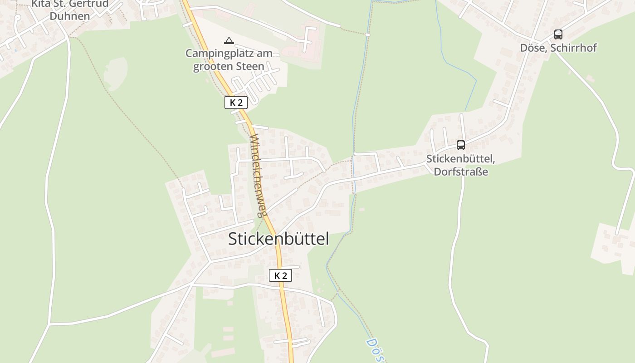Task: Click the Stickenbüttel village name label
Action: point(278,239)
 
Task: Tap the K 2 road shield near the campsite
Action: point(236,103)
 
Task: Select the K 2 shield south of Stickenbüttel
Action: point(280,275)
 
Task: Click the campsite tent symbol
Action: point(229,41)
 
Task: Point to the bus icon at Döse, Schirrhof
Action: point(558,34)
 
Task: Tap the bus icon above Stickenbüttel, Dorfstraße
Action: point(461,145)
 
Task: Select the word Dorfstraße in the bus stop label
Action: point(461,172)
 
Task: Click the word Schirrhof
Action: point(573,48)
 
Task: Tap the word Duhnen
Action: point(70,16)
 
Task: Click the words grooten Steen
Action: point(229,67)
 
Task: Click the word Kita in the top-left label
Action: point(40,4)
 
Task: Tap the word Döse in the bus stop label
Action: point(533,48)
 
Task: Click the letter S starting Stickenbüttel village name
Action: point(233,239)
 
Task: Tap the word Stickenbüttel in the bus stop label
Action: point(459,159)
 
